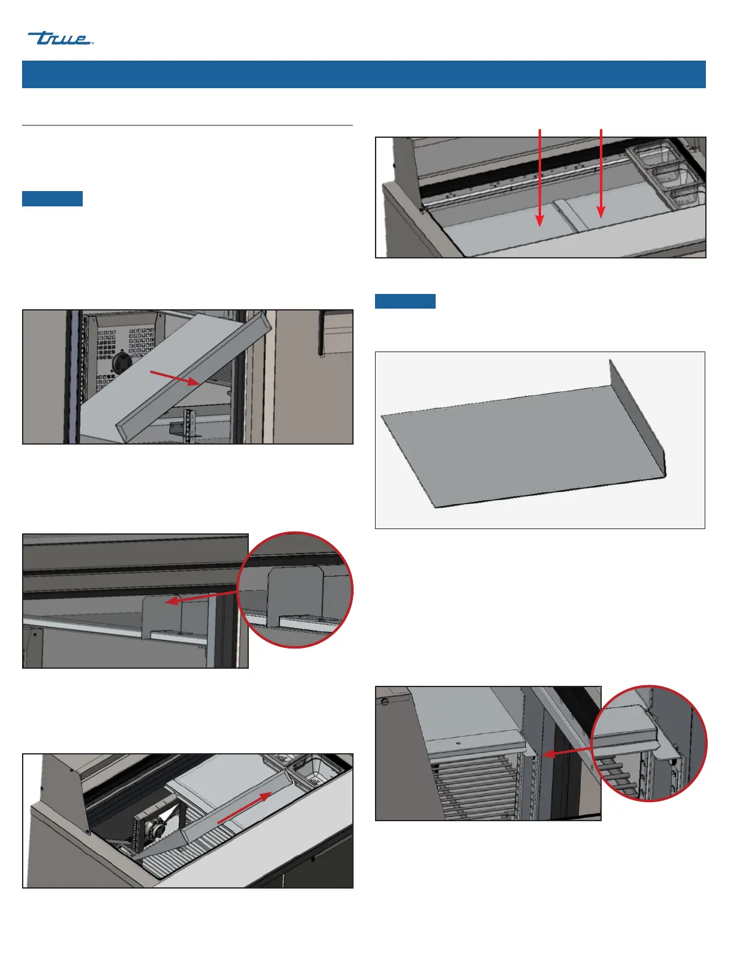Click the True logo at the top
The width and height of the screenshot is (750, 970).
click(60, 38)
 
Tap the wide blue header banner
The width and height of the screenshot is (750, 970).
click(363, 74)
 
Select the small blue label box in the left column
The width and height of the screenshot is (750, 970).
click(52, 198)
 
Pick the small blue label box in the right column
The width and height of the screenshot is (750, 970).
click(405, 301)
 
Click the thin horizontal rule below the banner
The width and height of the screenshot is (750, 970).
click(187, 126)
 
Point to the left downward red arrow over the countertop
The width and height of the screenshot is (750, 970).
click(540, 178)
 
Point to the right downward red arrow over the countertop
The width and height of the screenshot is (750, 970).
click(601, 174)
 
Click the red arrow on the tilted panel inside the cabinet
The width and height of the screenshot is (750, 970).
click(175, 378)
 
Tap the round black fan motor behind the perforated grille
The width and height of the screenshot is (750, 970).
click(121, 362)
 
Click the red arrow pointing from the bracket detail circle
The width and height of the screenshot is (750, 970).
click(201, 597)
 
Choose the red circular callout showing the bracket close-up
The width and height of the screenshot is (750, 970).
click(295, 590)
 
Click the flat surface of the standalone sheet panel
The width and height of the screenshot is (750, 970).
click(518, 446)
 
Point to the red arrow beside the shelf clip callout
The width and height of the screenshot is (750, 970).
click(567, 753)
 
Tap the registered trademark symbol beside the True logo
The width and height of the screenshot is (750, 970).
click(93, 43)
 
